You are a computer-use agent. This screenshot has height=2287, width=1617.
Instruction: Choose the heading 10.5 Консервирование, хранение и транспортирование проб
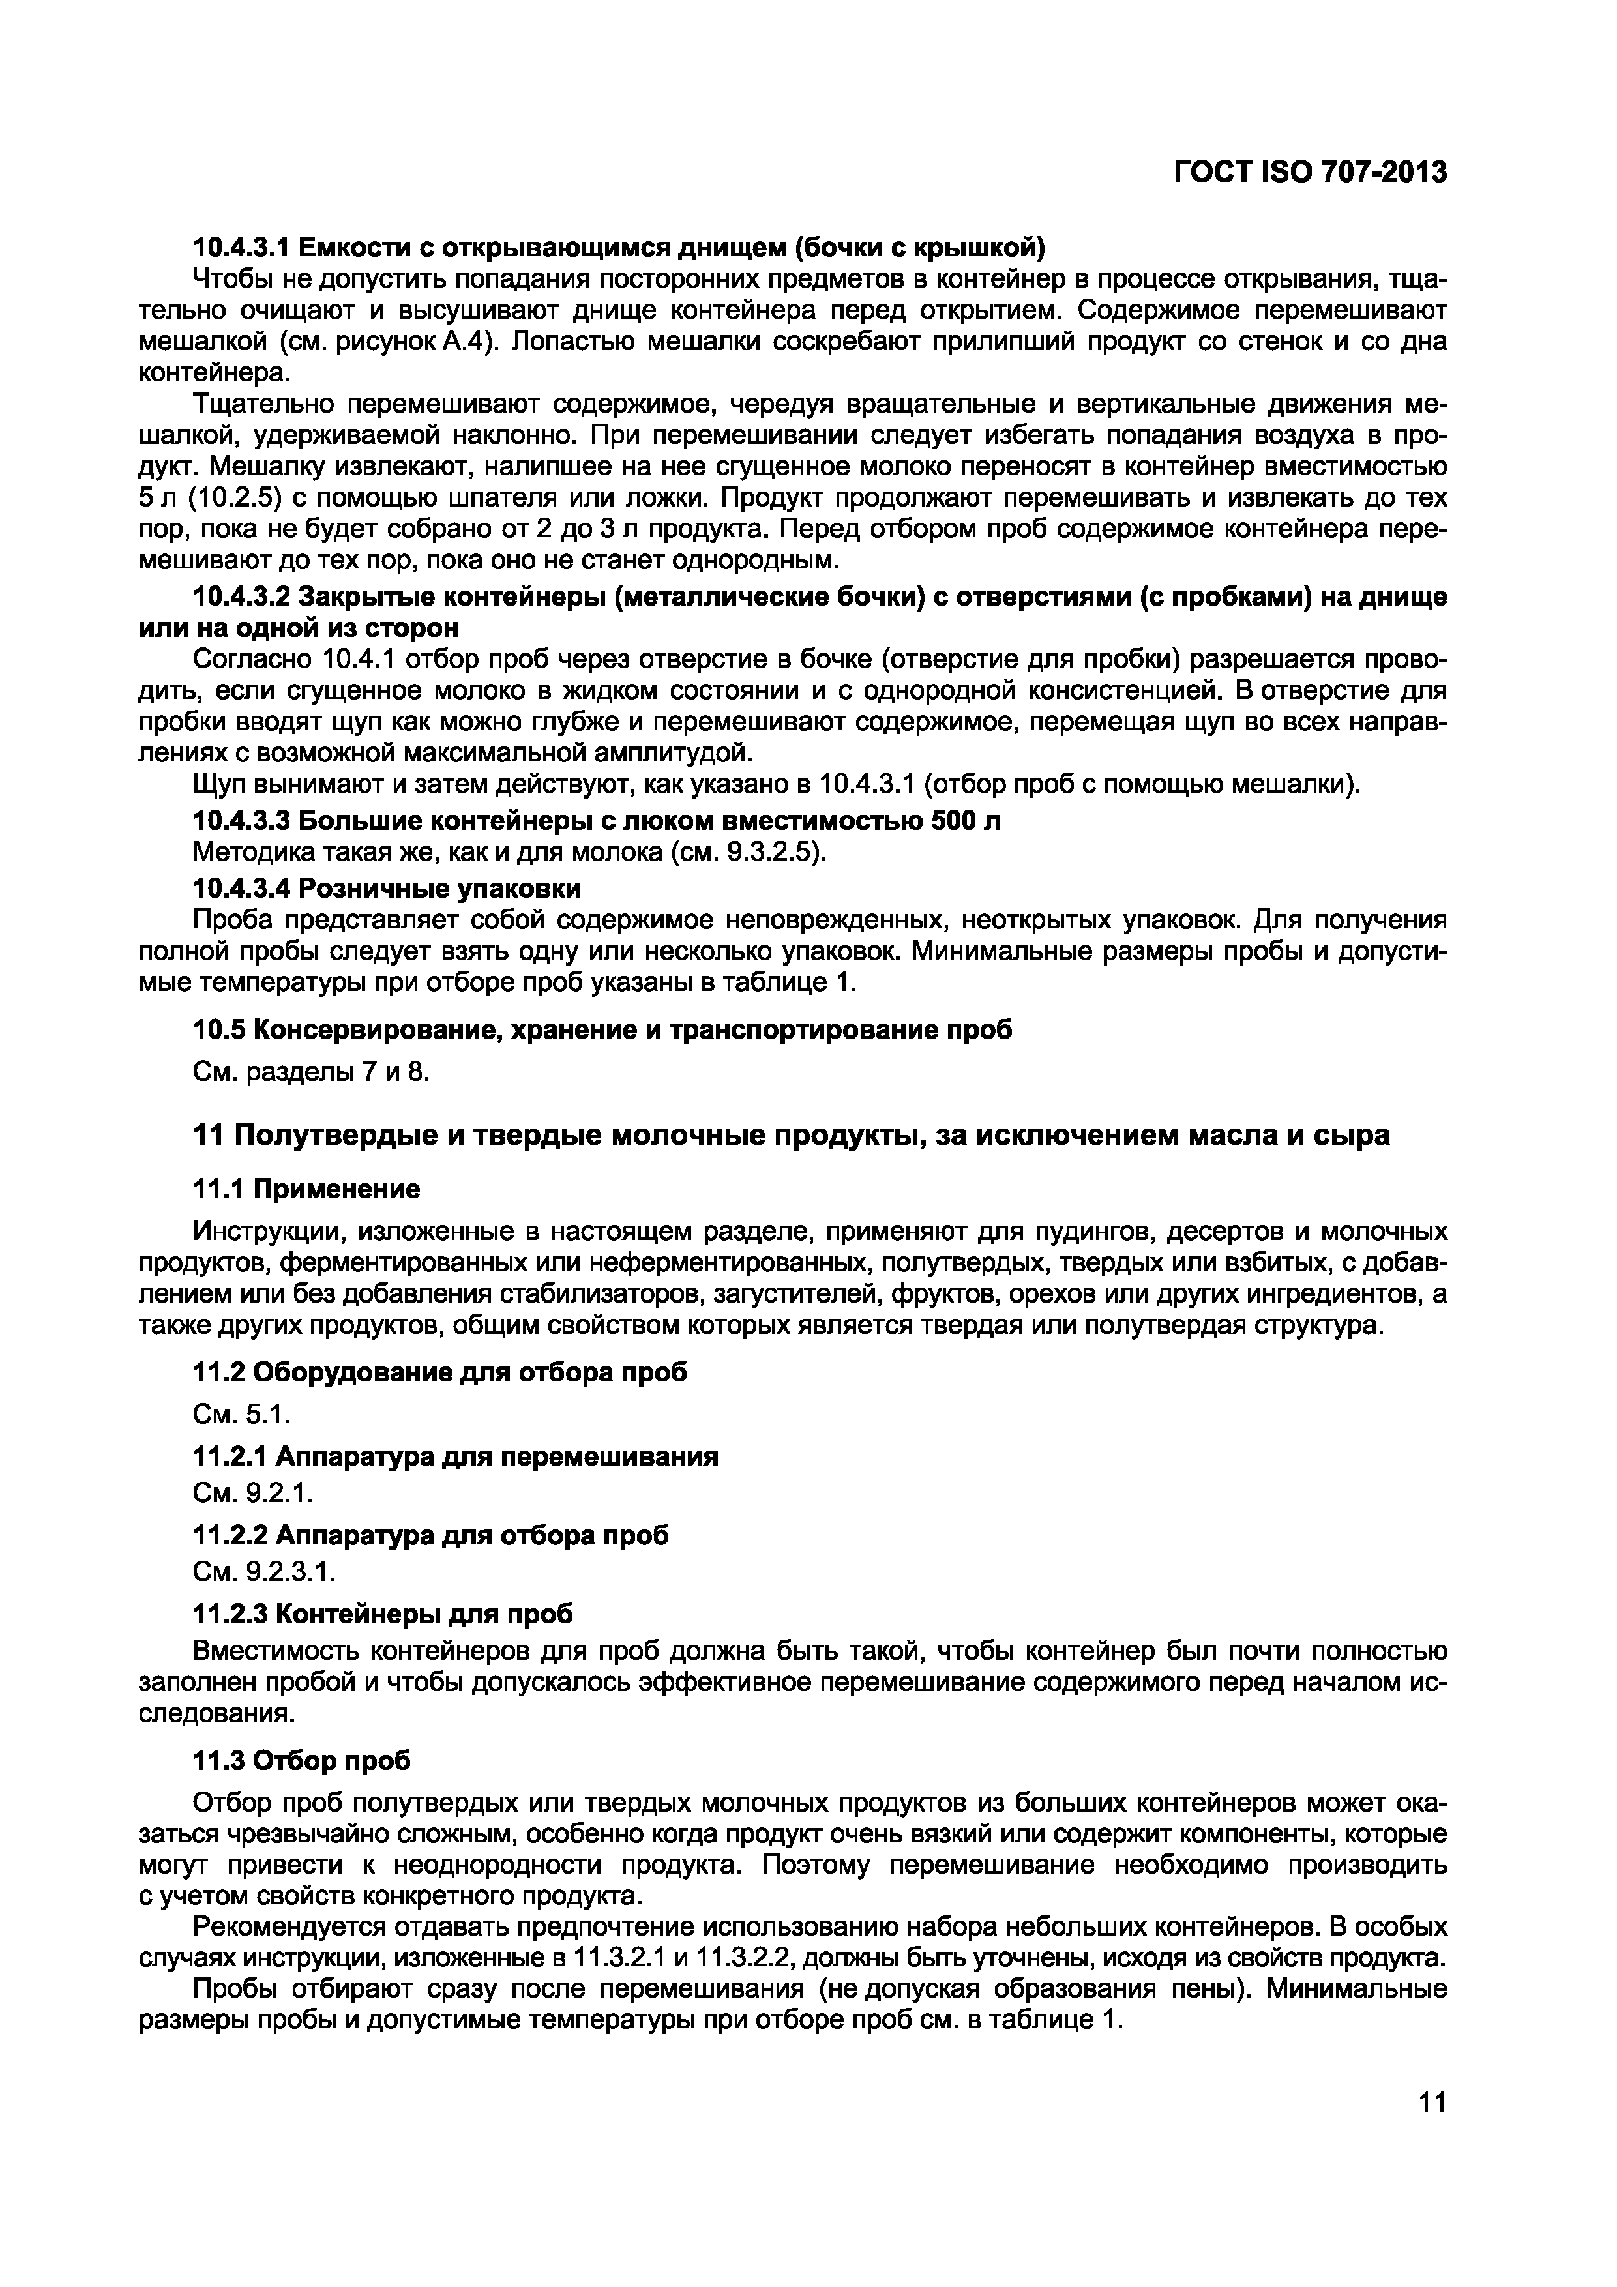[x=602, y=1030]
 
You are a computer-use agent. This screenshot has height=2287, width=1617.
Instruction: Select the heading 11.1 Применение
[x=306, y=1189]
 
